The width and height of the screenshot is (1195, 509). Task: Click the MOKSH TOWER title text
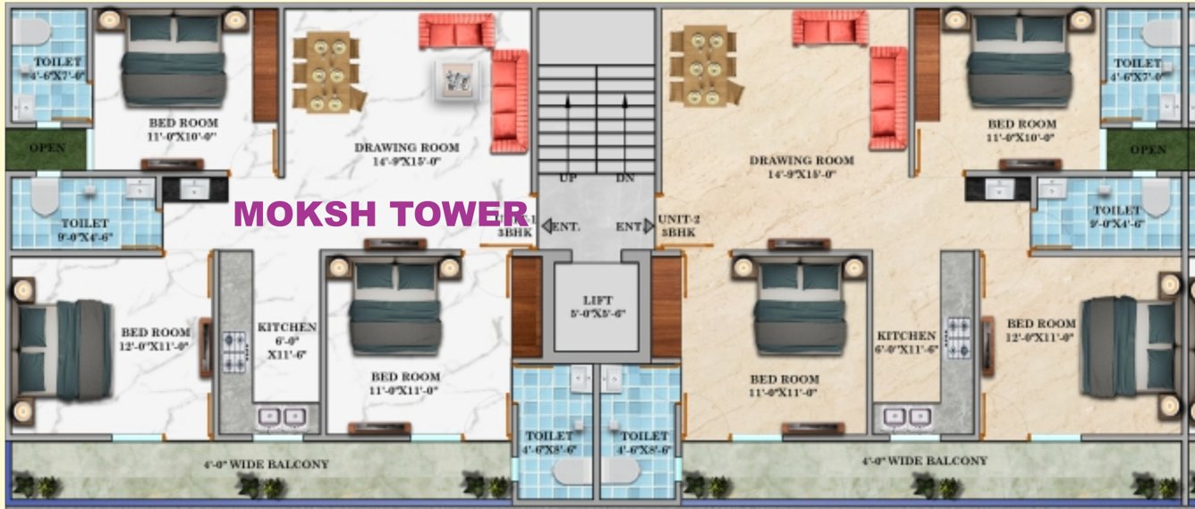380,215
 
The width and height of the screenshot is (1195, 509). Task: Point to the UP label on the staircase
567,178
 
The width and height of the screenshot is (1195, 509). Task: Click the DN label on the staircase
624,178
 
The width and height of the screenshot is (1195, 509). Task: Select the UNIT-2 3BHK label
674,225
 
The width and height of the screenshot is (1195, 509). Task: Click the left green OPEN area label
47,148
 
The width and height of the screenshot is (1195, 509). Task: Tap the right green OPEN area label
1148,149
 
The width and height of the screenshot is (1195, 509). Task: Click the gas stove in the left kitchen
235,351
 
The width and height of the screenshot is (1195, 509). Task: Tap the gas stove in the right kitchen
958,339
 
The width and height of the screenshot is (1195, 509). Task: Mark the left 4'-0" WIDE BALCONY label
266,464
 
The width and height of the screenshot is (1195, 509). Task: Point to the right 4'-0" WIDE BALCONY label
924,461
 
